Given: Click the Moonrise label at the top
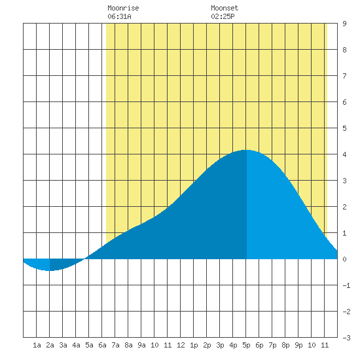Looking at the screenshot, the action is (x=123, y=8).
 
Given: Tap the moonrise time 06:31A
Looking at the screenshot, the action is (x=119, y=16).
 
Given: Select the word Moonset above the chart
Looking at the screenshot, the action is (x=225, y=8).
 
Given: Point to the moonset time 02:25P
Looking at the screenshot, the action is (x=223, y=16).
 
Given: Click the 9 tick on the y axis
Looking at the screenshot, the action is (x=344, y=24).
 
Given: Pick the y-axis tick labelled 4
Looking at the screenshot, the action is (x=344, y=154).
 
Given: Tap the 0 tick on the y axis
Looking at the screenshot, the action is (x=344, y=259).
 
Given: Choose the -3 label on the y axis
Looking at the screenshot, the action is (x=346, y=338).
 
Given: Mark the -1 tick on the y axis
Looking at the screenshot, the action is (x=346, y=285).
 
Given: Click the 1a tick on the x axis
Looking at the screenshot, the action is (x=37, y=345).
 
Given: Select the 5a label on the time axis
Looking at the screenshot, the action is (x=89, y=345).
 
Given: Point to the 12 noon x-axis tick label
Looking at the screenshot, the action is (x=181, y=345).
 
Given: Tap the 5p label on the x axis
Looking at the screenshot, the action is (x=246, y=345).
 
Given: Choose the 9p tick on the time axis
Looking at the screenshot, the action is (x=298, y=345).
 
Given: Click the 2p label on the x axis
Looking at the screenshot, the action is (x=207, y=345).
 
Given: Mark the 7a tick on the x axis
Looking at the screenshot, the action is (x=115, y=345).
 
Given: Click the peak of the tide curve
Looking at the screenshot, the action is (x=247, y=150).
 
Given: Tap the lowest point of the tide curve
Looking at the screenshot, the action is (x=49, y=271).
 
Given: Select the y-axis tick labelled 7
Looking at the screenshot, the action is (x=344, y=76).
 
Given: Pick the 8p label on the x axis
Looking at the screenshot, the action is (x=285, y=345).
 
